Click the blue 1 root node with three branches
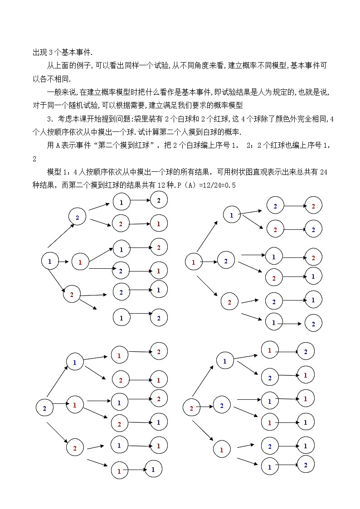(50, 262)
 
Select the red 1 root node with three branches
(194, 262)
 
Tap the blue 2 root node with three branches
(44, 408)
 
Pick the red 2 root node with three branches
(191, 408)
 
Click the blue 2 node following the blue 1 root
(77, 218)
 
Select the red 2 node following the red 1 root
(229, 302)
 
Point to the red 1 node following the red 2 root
(222, 450)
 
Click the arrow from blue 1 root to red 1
(64, 262)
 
